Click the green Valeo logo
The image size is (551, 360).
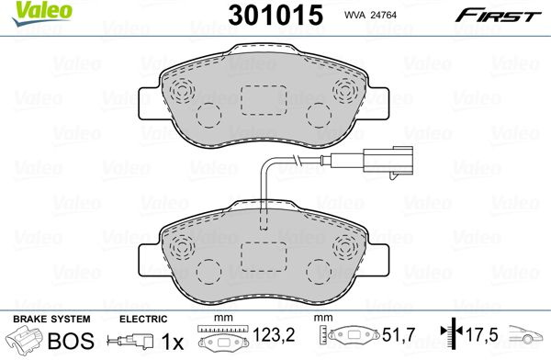click(41, 13)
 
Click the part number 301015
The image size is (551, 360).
click(275, 15)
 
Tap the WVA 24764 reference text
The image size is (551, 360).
click(370, 15)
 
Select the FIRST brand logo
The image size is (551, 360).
click(498, 16)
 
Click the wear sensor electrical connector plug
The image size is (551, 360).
click(388, 161)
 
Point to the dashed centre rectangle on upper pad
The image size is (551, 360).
click(264, 100)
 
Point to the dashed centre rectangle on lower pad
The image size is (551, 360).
click(264, 257)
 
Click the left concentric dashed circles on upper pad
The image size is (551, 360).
click(182, 90)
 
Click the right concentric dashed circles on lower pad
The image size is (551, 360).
click(346, 247)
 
